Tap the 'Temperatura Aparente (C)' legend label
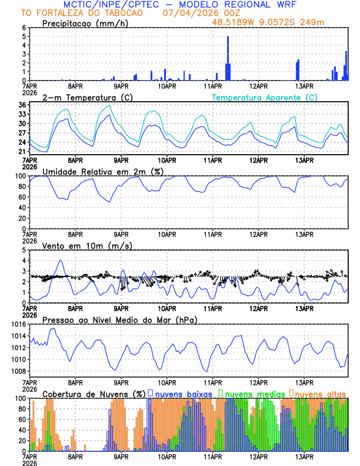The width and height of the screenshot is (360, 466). tap(264, 97)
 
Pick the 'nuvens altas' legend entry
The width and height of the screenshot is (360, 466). tap(319, 393)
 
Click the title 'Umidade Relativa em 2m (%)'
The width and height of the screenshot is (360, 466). tap(103, 171)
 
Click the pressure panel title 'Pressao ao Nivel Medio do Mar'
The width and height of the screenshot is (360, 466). tap(119, 319)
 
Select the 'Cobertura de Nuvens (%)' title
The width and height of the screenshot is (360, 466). tap(94, 393)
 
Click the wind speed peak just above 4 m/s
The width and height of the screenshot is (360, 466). tap(60, 260)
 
